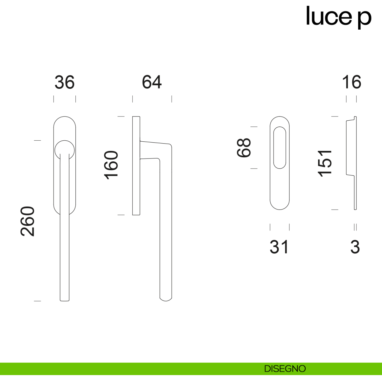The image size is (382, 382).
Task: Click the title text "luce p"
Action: (338, 17)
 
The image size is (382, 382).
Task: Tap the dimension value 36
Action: (65, 82)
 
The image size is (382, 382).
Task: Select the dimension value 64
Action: (152, 82)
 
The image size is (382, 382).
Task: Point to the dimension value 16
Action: (351, 82)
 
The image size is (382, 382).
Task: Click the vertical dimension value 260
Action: (28, 221)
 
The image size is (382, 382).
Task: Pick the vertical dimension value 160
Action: (111, 165)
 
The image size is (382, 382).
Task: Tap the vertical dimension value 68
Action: (244, 148)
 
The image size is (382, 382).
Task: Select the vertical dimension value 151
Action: (324, 163)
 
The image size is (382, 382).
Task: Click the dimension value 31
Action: (279, 247)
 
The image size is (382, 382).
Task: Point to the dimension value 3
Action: (355, 247)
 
